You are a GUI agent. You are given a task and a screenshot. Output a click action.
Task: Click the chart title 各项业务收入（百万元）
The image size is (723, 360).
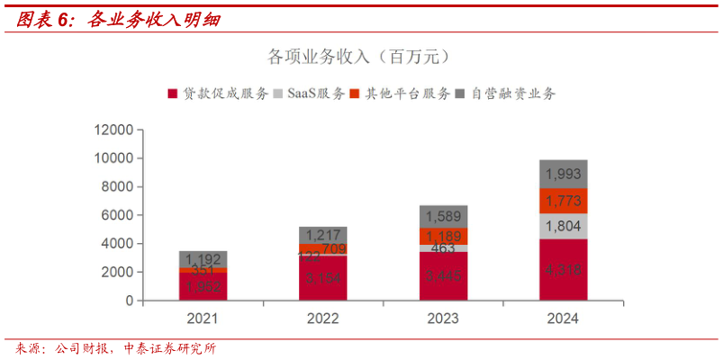(x=359, y=57)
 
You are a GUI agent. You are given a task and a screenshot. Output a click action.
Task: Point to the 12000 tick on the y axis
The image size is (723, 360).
(x=114, y=130)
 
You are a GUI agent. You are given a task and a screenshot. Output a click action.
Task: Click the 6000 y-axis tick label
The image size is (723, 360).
(x=118, y=215)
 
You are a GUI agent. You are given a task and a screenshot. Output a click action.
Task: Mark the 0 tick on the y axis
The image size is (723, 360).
(x=129, y=300)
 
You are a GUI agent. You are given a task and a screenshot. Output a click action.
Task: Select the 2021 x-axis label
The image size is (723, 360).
(x=203, y=319)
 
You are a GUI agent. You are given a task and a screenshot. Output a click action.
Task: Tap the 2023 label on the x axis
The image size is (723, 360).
(x=443, y=319)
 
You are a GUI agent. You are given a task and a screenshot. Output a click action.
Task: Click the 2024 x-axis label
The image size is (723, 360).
(x=563, y=319)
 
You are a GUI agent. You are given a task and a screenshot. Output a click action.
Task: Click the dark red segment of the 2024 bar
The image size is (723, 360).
(x=563, y=269)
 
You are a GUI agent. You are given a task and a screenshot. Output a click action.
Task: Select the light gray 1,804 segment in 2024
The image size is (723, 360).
(x=563, y=226)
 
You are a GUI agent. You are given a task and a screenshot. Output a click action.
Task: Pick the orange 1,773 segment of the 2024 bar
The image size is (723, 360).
(x=563, y=201)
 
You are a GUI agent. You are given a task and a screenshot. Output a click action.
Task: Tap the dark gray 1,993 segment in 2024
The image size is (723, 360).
(x=563, y=174)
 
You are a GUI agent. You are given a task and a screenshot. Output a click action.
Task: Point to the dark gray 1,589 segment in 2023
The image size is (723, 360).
(x=443, y=216)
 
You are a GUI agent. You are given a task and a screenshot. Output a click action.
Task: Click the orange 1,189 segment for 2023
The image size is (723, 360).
(x=443, y=236)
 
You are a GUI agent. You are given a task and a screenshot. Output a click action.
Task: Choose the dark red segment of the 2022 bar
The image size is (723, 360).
(x=322, y=278)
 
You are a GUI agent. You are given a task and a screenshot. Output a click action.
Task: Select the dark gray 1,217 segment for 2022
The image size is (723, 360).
(x=322, y=234)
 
